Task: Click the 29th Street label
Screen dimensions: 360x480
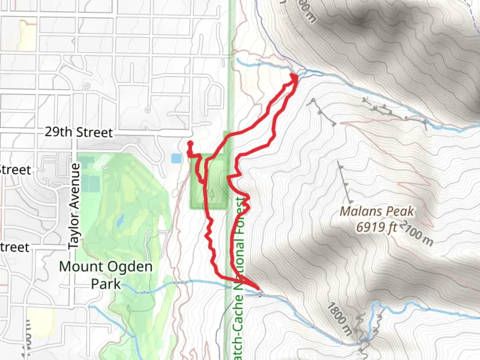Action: (x=79, y=132)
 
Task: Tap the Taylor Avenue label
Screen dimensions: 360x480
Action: (x=75, y=206)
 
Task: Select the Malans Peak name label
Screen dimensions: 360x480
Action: (x=377, y=211)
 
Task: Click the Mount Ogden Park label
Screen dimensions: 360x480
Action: (x=106, y=275)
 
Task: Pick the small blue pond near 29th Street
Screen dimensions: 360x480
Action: (x=176, y=158)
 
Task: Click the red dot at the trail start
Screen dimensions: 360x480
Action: (x=190, y=144)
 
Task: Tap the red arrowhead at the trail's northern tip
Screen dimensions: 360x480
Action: (x=295, y=77)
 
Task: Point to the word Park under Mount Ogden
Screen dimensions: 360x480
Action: (x=106, y=284)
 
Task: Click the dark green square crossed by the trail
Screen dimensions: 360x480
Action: (x=209, y=182)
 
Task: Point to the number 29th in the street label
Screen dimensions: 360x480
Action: (x=58, y=132)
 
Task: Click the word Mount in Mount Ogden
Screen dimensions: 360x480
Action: (x=81, y=266)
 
